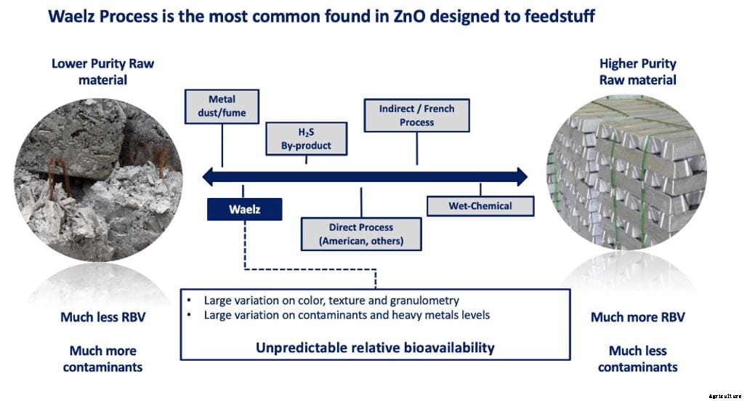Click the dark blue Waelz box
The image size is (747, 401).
point(244,210)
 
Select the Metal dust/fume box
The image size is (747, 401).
point(222,106)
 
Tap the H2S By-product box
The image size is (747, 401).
point(306,138)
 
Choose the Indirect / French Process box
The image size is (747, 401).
point(416,115)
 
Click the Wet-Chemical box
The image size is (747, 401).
point(480,206)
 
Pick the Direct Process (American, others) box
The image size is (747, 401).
point(361,234)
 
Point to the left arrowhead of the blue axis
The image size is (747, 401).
point(209,176)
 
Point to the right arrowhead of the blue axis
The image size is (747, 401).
point(520,176)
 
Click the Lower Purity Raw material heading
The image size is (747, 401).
point(102,71)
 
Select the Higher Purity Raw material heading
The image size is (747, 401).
point(637,71)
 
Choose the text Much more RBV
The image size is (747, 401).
point(637,317)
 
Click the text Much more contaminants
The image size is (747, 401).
point(102,358)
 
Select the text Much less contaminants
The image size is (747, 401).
point(637,358)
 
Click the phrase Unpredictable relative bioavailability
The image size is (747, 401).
point(375,347)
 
